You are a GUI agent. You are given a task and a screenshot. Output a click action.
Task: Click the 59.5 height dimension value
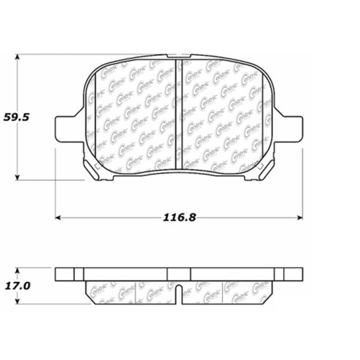(17, 118)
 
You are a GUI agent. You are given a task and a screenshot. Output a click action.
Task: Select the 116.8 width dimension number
(180, 217)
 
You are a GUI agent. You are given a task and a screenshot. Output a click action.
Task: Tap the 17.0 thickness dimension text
(17, 286)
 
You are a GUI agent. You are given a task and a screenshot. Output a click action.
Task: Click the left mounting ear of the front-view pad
(67, 128)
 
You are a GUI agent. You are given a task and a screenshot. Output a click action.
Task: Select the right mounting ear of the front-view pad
(292, 128)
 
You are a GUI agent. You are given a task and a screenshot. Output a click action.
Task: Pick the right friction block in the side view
(228, 292)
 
